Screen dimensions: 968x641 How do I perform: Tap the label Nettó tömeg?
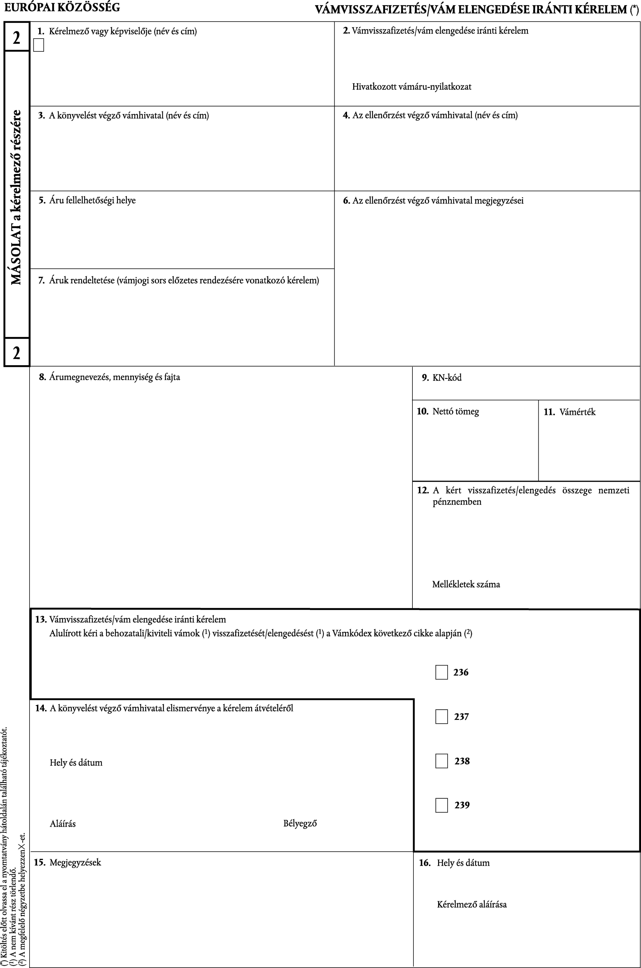[x=455, y=411]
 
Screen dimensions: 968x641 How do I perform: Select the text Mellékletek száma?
[x=466, y=584]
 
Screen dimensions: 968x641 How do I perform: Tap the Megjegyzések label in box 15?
[x=75, y=863]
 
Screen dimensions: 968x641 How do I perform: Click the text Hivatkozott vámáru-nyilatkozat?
[x=412, y=87]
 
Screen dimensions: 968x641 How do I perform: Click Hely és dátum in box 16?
[x=463, y=863]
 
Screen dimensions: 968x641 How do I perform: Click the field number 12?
[x=422, y=490]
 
